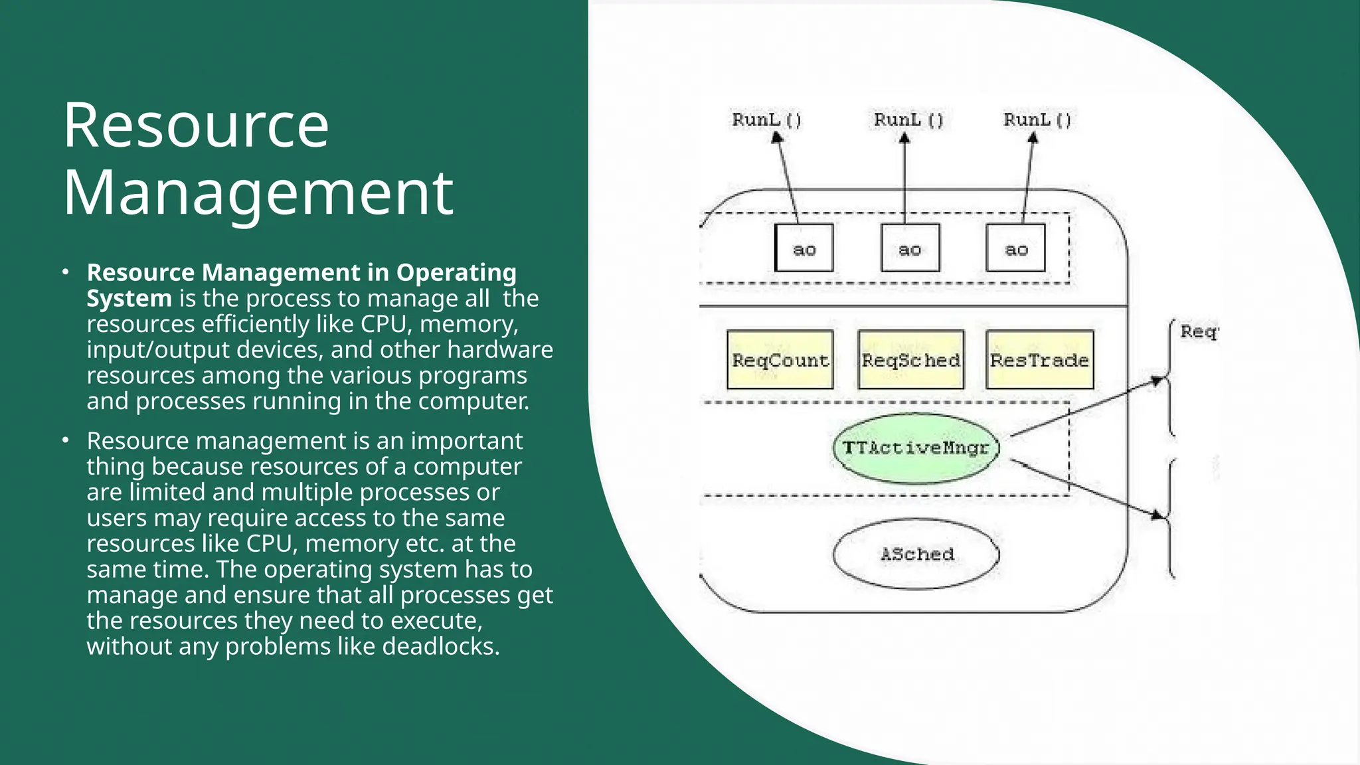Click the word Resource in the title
(196, 126)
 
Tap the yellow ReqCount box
(780, 360)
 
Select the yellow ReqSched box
(910, 360)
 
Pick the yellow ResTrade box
(1039, 360)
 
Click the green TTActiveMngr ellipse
(916, 448)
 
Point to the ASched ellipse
(916, 554)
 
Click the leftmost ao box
(804, 248)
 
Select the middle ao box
(910, 248)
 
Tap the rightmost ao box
(1015, 248)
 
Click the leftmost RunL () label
(767, 120)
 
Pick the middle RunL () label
(908, 120)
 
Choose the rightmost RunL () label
(1037, 120)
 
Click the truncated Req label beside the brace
(1199, 331)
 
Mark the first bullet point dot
(65, 272)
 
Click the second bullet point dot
(65, 440)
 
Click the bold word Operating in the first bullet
(456, 272)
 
